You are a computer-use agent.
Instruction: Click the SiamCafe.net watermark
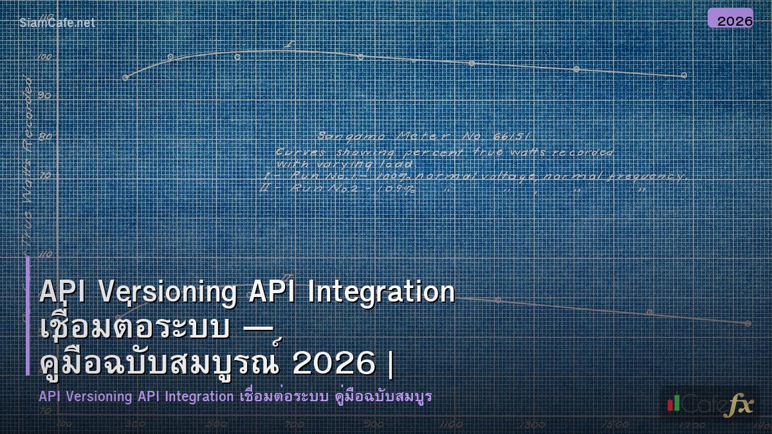(x=57, y=23)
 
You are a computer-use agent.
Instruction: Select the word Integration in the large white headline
(x=381, y=293)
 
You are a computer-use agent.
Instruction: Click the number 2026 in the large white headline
(x=333, y=363)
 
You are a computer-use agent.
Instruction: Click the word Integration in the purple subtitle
(x=198, y=397)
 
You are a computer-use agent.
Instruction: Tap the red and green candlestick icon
(x=674, y=403)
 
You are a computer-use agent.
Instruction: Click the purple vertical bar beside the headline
(x=28, y=315)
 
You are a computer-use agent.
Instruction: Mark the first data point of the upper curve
(x=125, y=78)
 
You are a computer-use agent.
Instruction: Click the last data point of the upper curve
(x=684, y=75)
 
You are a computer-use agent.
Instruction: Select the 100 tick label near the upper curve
(x=44, y=57)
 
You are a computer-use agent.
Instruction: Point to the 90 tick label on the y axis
(x=44, y=95)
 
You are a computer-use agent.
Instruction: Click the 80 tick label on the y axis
(x=44, y=136)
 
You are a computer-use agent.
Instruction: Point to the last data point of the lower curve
(x=747, y=323)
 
